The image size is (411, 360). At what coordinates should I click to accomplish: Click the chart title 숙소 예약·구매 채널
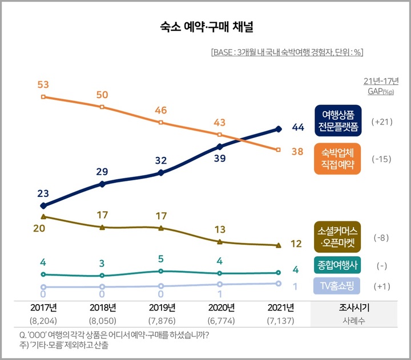[x=205, y=26]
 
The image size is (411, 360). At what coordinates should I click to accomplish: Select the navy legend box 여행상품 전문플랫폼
[x=337, y=121]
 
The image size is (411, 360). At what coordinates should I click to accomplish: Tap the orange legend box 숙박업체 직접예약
[x=337, y=159]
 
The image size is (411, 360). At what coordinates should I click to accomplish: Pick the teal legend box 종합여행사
[x=337, y=266]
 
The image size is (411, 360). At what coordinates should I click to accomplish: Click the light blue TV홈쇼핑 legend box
[x=337, y=286]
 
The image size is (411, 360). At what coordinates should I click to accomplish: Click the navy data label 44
[x=298, y=127]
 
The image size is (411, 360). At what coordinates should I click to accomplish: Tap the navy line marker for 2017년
[x=43, y=205]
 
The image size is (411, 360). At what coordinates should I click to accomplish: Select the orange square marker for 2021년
[x=279, y=150]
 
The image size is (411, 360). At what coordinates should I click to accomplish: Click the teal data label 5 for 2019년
[x=161, y=260]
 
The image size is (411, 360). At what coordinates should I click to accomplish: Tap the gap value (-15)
[x=381, y=159]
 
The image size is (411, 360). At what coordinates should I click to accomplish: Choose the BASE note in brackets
[x=287, y=52]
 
